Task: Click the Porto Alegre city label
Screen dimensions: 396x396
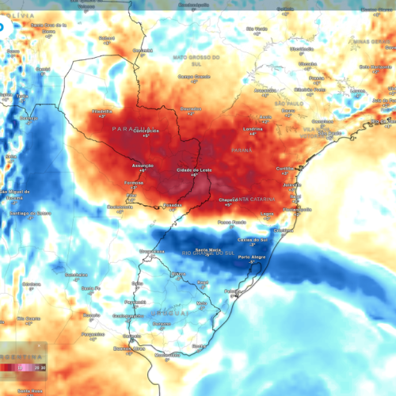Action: [251, 257]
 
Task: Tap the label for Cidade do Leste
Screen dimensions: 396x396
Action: [193, 170]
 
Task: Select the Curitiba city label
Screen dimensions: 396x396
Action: [286, 168]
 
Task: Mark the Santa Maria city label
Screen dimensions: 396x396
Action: [208, 249]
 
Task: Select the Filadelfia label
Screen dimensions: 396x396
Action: [102, 112]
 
